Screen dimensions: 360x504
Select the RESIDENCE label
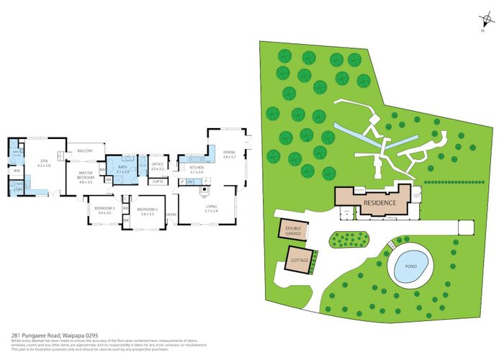[379, 203]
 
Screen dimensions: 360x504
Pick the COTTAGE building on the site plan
[299, 258]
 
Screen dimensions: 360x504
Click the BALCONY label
[86, 150]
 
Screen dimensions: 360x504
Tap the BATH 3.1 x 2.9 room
[123, 170]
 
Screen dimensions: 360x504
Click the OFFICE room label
[157, 166]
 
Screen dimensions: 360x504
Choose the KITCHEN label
[197, 170]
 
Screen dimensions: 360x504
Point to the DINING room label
[230, 153]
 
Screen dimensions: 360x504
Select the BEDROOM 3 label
[104, 210]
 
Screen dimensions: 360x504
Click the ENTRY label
[171, 215]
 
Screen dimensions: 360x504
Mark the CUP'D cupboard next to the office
[156, 182]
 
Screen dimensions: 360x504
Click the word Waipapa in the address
[62, 336]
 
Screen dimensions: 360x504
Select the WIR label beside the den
[17, 171]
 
